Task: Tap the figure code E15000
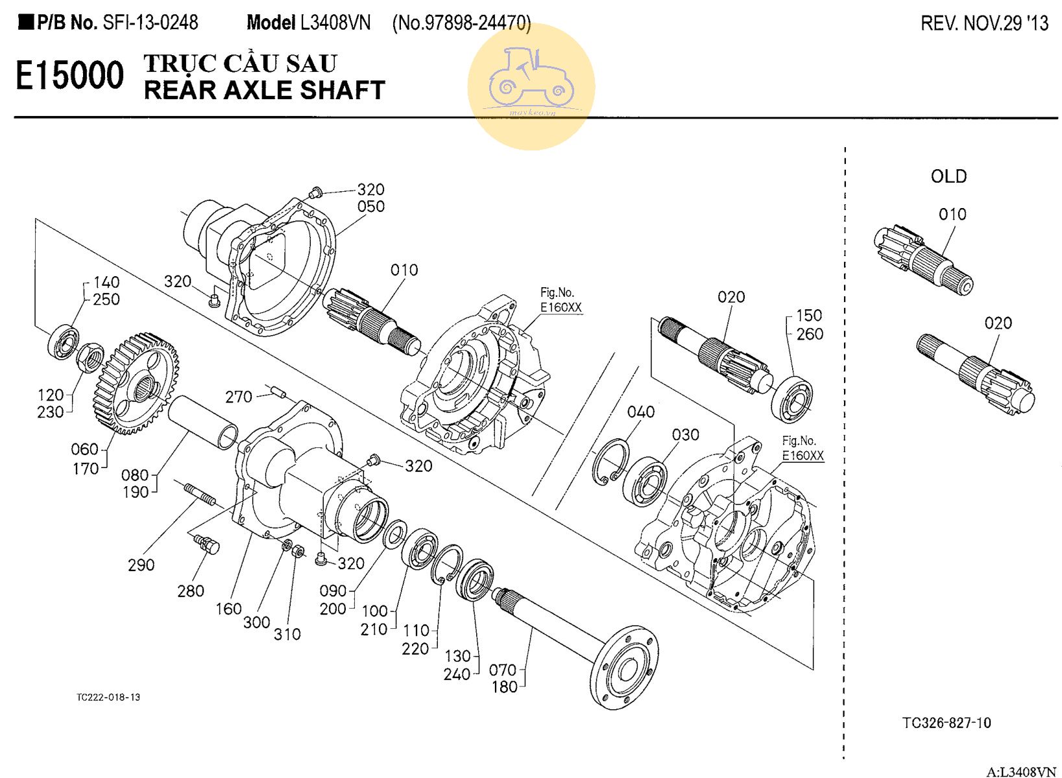click(x=69, y=76)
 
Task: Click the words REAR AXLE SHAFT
click(x=265, y=91)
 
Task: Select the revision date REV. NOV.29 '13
click(x=984, y=24)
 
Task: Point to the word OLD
click(x=948, y=176)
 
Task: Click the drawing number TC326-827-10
click(x=947, y=723)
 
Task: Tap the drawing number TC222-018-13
click(x=108, y=698)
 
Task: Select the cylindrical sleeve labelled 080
click(x=203, y=422)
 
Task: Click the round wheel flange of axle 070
click(x=625, y=668)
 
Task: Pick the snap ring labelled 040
click(x=610, y=461)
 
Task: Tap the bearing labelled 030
click(x=645, y=482)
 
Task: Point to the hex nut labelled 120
click(x=90, y=356)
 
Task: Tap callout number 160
click(x=228, y=609)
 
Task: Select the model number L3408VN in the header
click(x=335, y=23)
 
